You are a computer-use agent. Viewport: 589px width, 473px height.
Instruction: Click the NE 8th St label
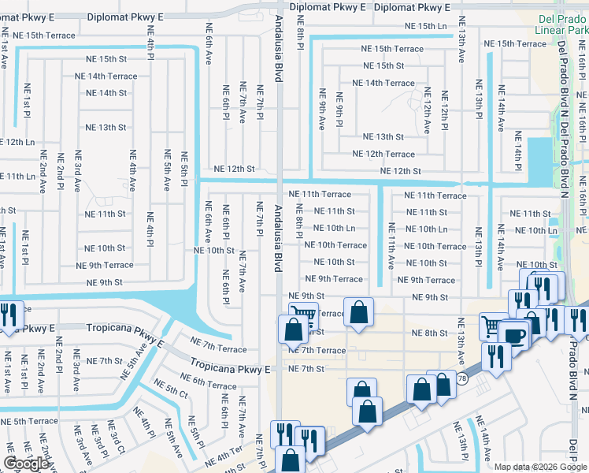[429, 333]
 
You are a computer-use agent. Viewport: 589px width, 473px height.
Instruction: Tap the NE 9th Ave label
[321, 110]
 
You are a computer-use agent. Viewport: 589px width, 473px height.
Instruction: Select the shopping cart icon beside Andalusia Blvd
[303, 315]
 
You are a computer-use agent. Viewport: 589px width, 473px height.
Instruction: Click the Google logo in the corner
[26, 464]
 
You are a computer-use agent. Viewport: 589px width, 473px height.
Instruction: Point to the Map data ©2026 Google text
[539, 467]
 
